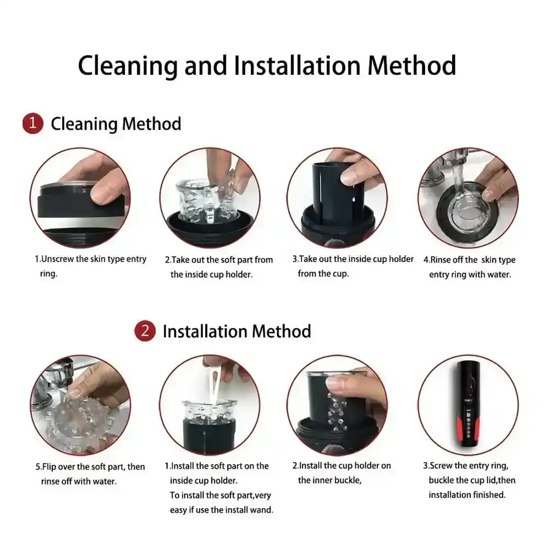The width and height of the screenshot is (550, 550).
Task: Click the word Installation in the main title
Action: (297, 65)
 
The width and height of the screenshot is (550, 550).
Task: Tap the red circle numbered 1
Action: (32, 123)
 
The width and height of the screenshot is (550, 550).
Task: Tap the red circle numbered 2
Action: (145, 331)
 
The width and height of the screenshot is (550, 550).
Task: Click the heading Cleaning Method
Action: (116, 124)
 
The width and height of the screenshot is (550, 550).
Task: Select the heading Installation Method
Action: (237, 332)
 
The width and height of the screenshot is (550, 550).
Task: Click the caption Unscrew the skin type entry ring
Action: (90, 266)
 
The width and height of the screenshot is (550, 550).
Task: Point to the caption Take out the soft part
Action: (218, 267)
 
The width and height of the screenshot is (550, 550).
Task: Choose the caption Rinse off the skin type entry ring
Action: (469, 267)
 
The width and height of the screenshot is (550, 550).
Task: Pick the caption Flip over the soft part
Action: (90, 474)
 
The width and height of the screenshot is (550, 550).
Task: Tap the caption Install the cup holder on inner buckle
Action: (342, 473)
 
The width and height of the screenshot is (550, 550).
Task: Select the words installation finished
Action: (467, 495)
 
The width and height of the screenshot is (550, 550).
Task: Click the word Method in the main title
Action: (412, 65)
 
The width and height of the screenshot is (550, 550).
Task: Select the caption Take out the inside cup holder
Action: (353, 266)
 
